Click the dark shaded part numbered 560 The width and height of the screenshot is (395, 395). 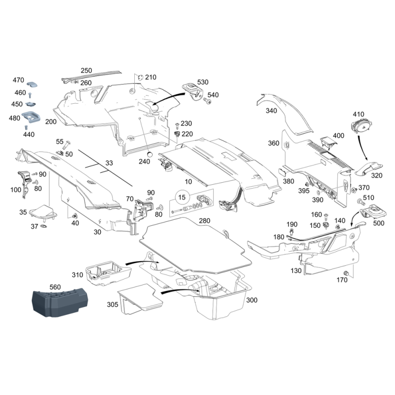[60, 303]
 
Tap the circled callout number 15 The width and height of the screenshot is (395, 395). [182, 197]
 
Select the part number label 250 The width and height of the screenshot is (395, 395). [86, 70]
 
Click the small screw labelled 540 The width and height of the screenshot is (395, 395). [207, 101]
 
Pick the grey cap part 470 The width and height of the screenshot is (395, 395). [32, 84]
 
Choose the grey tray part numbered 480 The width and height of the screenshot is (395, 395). [31, 118]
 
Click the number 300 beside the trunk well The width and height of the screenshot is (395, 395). [252, 300]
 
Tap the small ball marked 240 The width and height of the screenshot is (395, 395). [150, 154]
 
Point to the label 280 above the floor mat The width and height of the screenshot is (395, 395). [204, 221]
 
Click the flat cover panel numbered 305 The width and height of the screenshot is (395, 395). [140, 299]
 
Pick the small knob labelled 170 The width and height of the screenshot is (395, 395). [346, 273]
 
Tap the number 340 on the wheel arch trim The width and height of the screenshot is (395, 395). [271, 111]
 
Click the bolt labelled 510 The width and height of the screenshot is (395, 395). [360, 201]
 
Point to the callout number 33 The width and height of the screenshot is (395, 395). [109, 163]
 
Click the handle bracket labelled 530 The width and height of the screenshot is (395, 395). [193, 91]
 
